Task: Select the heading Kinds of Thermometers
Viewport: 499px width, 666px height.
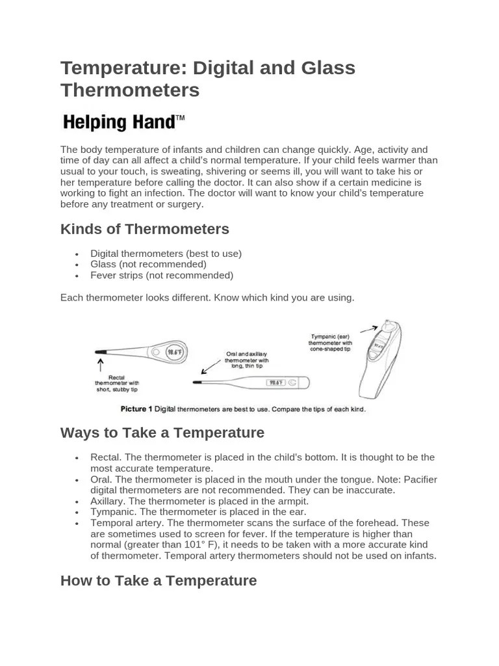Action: click(x=144, y=229)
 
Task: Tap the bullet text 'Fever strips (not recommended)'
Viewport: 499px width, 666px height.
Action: click(x=161, y=275)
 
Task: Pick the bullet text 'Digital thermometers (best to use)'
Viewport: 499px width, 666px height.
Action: click(x=166, y=254)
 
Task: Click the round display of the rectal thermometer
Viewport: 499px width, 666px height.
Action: click(x=174, y=353)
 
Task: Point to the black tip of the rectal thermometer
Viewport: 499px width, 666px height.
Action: click(x=100, y=352)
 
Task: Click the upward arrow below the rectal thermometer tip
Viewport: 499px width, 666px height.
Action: click(x=100, y=366)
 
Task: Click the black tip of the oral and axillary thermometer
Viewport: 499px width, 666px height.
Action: click(x=197, y=382)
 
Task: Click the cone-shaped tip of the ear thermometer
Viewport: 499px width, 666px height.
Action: click(x=389, y=325)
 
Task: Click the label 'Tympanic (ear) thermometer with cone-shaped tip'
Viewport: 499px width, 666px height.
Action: click(x=330, y=343)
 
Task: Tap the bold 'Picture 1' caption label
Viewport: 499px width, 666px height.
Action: click(x=136, y=409)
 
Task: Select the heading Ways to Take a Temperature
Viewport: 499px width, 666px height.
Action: click(x=162, y=433)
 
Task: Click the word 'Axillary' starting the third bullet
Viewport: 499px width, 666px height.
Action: click(x=108, y=501)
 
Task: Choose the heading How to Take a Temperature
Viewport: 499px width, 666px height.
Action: click(x=158, y=580)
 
